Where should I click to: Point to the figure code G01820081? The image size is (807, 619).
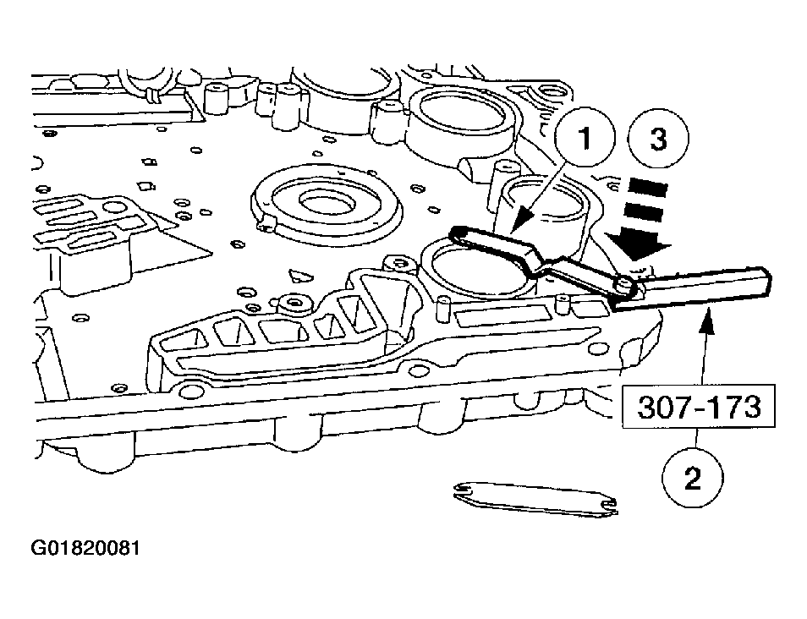click(x=85, y=548)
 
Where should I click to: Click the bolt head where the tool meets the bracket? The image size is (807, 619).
click(x=625, y=286)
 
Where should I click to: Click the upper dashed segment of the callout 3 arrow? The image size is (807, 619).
click(x=647, y=185)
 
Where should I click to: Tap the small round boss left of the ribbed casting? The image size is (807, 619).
click(x=294, y=302)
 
